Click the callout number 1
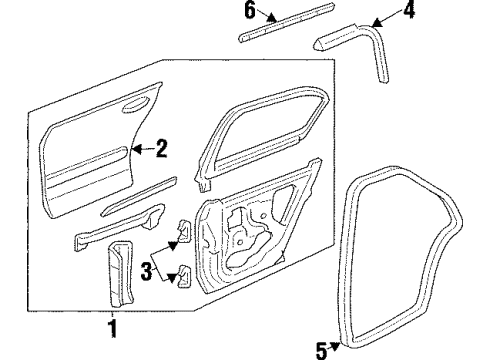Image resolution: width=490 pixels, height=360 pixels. [x=113, y=326]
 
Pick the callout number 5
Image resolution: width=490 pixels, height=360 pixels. [x=322, y=349]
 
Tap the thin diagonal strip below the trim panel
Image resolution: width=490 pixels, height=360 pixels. [x=139, y=200]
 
